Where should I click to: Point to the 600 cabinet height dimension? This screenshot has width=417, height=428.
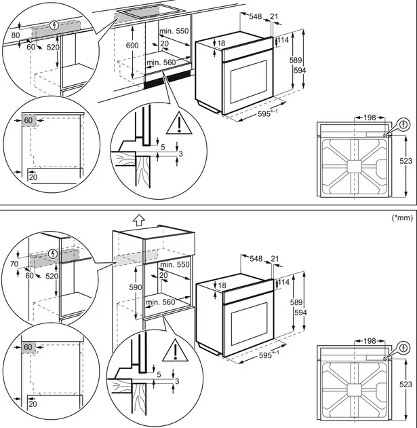click(132, 45)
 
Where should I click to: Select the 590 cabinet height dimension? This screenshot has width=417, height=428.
click(136, 288)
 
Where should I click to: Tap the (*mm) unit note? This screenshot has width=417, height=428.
click(402, 218)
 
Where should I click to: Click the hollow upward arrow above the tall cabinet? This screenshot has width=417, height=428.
click(138, 220)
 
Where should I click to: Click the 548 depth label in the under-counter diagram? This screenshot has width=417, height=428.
click(256, 16)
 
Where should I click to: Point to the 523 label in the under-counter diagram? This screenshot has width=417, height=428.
click(405, 161)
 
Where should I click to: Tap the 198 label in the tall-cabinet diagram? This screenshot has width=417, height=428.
click(369, 340)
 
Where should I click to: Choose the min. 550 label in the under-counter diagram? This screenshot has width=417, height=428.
click(175, 31)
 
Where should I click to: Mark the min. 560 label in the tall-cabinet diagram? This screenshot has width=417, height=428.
click(161, 302)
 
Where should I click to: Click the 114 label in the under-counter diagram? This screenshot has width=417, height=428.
click(283, 41)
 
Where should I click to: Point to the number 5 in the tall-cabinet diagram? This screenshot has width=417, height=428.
click(159, 374)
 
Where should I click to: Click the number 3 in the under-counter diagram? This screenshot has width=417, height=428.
click(180, 155)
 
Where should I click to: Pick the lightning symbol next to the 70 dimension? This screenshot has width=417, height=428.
click(54, 253)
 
